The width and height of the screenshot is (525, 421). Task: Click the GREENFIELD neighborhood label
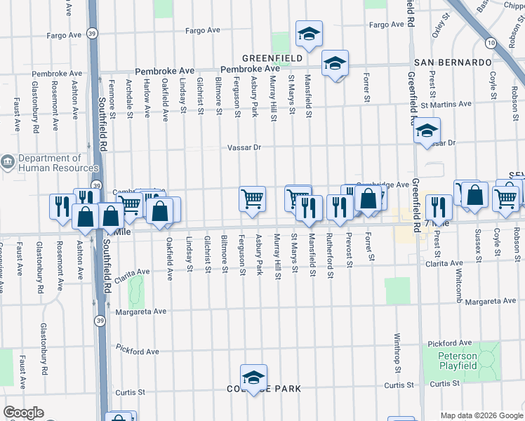(x=272, y=58)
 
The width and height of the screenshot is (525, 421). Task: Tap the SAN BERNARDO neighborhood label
(x=452, y=62)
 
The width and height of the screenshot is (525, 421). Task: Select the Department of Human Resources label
(x=49, y=163)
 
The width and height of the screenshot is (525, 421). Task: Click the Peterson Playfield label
(x=458, y=361)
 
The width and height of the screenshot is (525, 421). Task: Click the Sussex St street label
(x=478, y=241)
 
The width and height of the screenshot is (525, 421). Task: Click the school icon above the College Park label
(x=253, y=375)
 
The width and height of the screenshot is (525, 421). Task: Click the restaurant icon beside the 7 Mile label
(x=438, y=206)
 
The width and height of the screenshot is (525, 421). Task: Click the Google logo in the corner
(x=23, y=413)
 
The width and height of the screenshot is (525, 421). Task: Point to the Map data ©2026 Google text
(x=481, y=415)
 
